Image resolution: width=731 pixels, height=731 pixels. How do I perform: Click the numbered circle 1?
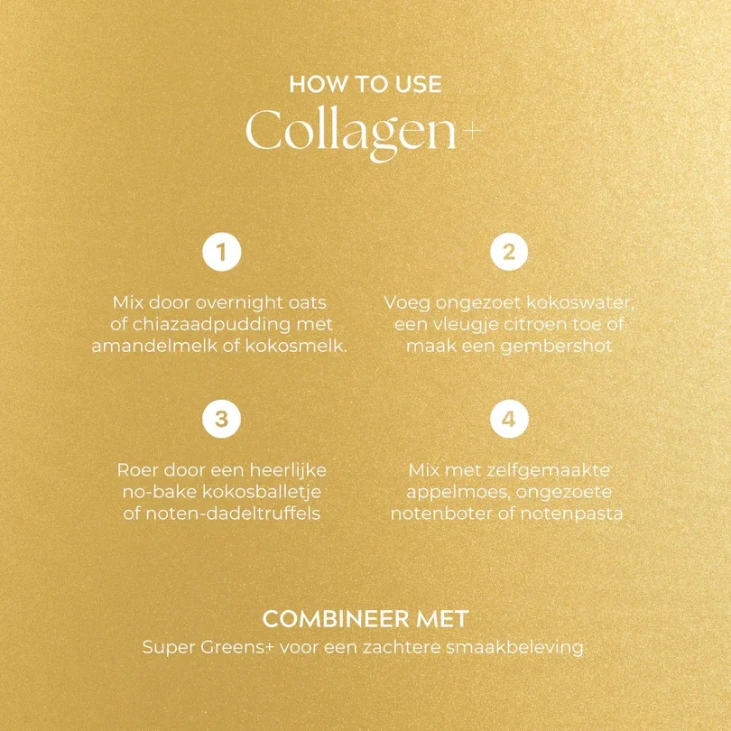[x=222, y=252]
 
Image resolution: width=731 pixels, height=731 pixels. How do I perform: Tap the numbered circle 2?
[x=509, y=252]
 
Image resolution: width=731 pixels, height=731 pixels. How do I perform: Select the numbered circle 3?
[x=222, y=419]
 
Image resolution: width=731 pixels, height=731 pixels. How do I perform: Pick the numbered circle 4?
[x=509, y=419]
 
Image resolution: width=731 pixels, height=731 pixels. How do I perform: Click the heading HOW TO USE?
[x=365, y=85]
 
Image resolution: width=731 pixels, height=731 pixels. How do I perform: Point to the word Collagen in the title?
[x=350, y=134]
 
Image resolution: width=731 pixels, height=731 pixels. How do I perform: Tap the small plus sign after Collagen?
[x=472, y=131]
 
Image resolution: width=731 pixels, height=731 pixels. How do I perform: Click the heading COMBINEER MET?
[x=365, y=619]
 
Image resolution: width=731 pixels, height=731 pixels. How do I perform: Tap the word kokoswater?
[x=580, y=303]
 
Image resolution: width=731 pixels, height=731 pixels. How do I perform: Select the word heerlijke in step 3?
[x=288, y=470]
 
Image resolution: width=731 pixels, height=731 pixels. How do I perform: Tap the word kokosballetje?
[x=262, y=493]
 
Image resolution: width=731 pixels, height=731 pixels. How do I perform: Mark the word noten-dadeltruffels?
[x=233, y=514]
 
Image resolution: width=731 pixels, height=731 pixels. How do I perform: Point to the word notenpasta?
[x=571, y=514]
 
